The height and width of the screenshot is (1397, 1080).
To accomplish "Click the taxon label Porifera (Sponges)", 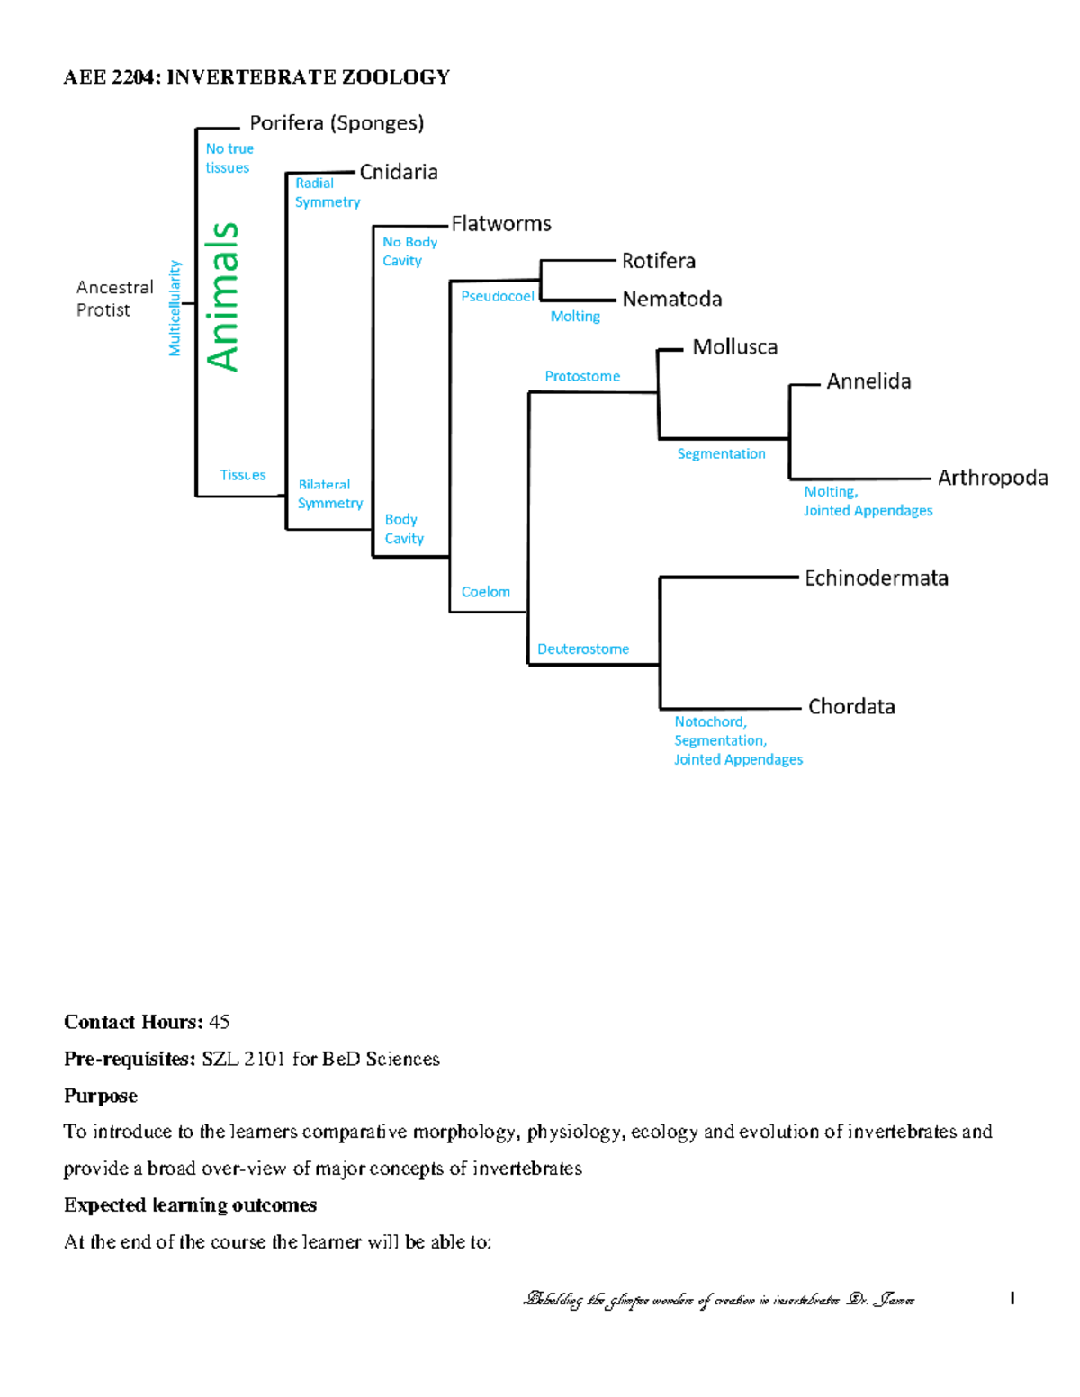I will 337,123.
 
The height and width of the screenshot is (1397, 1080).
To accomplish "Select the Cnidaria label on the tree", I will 399,172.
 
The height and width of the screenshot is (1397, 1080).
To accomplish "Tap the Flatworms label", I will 501,224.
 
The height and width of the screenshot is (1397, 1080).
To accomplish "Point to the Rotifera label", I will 659,261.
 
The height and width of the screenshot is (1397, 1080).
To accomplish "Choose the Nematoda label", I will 672,299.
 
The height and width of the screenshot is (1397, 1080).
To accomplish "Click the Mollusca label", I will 735,347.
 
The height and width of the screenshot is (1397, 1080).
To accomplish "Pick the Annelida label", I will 868,381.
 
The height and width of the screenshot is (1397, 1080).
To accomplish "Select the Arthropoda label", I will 993,478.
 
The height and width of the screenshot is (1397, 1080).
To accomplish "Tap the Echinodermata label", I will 877,578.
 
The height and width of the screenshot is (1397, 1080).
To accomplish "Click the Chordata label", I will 851,707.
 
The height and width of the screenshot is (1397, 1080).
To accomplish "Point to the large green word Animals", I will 223,297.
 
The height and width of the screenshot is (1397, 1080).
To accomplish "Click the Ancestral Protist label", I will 114,299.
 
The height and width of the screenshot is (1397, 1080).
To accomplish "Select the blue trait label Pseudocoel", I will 498,296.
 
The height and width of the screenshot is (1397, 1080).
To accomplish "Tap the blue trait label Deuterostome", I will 583,649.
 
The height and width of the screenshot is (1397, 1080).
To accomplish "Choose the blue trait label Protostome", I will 582,376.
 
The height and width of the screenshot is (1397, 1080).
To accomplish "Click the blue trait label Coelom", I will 486,592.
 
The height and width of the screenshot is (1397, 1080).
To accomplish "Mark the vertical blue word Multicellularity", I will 175,309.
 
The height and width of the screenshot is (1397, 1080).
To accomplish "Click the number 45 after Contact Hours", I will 219,1022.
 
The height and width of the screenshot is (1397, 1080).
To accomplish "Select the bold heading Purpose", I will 101,1096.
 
